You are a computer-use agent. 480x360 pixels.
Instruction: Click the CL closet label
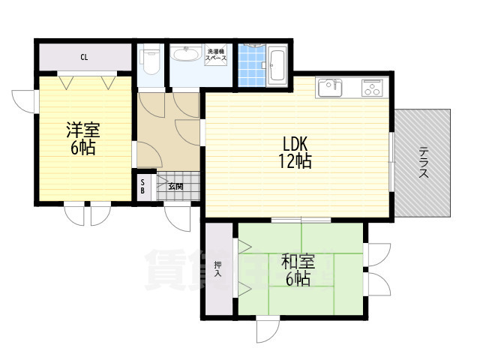[85, 56]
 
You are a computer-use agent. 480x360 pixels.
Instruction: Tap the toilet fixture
[151, 59]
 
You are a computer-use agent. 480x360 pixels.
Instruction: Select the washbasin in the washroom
[184, 54]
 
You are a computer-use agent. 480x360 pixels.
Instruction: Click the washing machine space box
[217, 55]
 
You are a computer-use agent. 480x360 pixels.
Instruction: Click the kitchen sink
[330, 88]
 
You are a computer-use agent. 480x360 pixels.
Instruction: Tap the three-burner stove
[373, 88]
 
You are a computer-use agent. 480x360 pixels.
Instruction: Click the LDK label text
[297, 143]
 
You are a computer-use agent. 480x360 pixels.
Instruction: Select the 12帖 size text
[297, 160]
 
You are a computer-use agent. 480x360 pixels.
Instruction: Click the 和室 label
[298, 262]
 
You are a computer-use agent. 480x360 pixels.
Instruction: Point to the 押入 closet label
[218, 268]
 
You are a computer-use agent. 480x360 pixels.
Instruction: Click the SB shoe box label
[143, 186]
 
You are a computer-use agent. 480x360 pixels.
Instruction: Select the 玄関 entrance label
[175, 186]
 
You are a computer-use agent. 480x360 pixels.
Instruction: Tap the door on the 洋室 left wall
[23, 101]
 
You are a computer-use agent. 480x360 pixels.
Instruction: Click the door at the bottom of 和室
[268, 331]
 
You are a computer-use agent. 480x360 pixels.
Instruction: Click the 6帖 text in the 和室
[298, 280]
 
